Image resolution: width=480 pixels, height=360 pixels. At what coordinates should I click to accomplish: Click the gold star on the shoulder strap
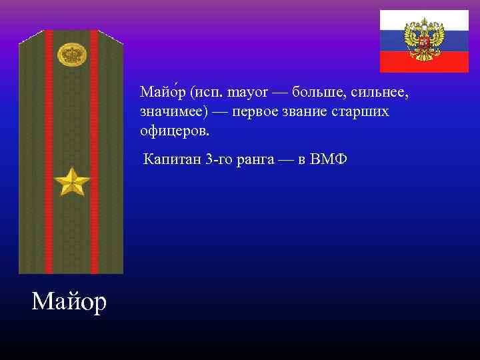[71, 182]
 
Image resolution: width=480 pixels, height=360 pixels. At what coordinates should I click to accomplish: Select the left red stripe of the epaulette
[49, 153]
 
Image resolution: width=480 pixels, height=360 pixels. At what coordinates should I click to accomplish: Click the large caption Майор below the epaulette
[69, 302]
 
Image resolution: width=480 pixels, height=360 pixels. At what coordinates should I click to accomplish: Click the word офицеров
[175, 131]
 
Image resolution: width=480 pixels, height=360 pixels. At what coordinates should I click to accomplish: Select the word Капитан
[172, 161]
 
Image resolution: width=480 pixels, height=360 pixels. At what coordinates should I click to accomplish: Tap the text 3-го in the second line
[219, 161]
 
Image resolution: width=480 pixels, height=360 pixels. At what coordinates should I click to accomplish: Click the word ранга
[256, 161]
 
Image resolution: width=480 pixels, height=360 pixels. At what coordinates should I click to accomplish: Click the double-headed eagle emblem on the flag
[424, 40]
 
